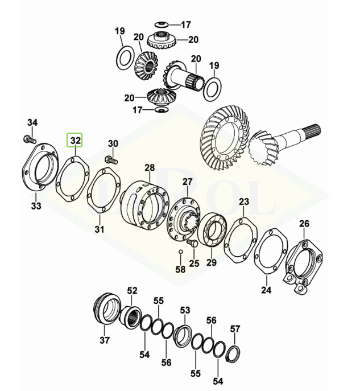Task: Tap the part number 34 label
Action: [x=32, y=123]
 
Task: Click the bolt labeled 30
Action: [x=111, y=160]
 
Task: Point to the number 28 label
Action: [x=149, y=168]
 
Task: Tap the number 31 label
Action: [x=100, y=229]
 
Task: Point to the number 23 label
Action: [x=243, y=202]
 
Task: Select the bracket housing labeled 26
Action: [x=301, y=262]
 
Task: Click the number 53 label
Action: [x=185, y=310]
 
